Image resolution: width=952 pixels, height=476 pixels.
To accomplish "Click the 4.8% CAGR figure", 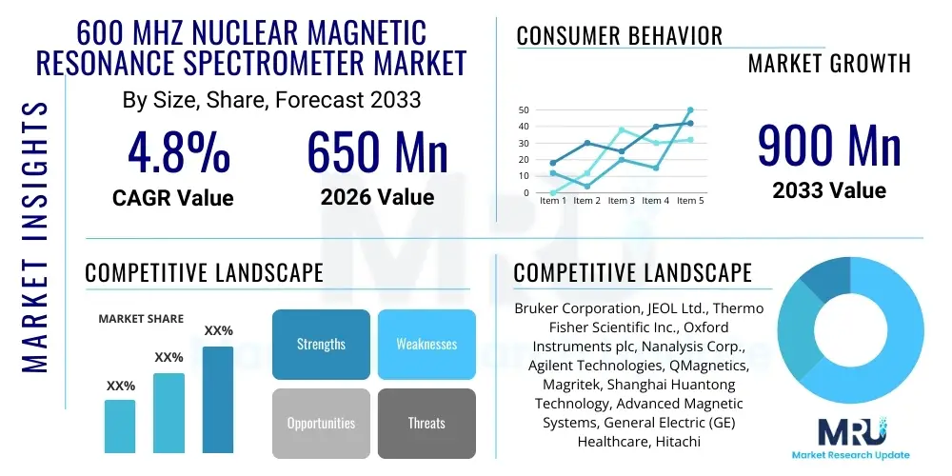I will (179, 152).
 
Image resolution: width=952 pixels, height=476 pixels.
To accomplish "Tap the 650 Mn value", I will (377, 152).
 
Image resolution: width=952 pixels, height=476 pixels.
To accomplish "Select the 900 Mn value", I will (829, 146).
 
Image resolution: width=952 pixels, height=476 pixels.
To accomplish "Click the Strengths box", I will (321, 345).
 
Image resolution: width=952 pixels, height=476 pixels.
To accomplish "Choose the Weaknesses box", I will (426, 345).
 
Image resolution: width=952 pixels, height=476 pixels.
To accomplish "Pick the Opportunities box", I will (321, 423).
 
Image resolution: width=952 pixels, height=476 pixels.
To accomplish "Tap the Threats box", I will (426, 423).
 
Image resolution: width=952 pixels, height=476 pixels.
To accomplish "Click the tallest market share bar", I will (218, 399).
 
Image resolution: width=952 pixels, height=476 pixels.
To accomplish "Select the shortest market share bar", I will (120, 426).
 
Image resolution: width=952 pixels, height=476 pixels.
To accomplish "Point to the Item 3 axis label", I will (621, 201).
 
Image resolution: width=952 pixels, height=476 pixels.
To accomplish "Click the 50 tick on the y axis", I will (524, 110).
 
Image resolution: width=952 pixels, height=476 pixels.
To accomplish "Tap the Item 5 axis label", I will (689, 201).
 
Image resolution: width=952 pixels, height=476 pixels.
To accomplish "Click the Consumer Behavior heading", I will (620, 36).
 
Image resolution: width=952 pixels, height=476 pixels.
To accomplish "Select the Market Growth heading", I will (829, 64).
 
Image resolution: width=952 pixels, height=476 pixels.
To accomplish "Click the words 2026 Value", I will (377, 197).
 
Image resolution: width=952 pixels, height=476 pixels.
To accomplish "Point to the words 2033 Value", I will (829, 190).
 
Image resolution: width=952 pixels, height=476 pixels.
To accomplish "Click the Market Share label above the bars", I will (141, 319).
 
